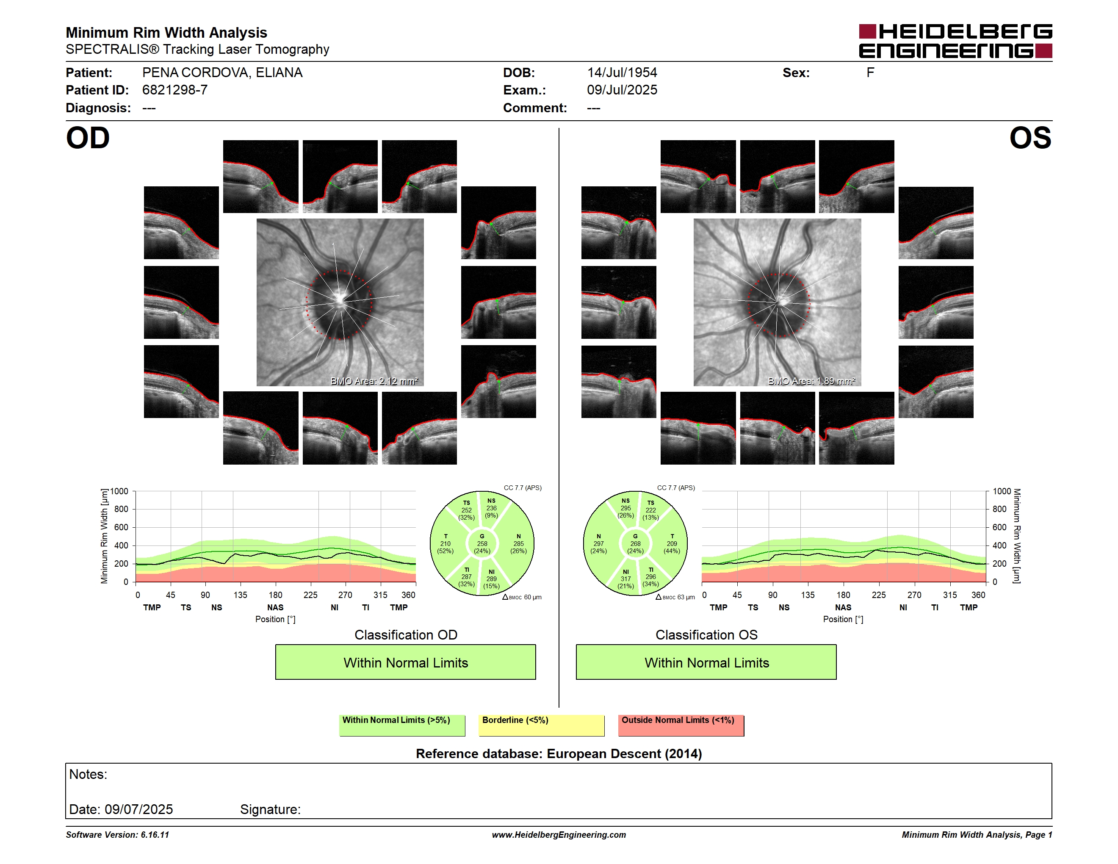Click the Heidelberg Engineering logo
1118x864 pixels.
click(x=955, y=41)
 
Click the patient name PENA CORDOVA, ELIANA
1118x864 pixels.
click(x=222, y=73)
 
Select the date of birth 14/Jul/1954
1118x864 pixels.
click(x=622, y=73)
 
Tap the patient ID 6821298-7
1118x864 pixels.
click(x=174, y=90)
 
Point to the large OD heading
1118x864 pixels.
click(x=88, y=138)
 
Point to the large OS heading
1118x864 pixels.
click(x=1030, y=138)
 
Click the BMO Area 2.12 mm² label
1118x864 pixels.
click(x=374, y=381)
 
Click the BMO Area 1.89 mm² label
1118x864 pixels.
click(x=811, y=381)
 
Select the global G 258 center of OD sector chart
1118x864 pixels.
click(x=482, y=543)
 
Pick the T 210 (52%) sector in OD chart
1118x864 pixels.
click(x=446, y=543)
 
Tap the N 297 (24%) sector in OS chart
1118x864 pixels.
click(x=598, y=543)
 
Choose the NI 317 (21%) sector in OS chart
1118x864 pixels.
click(x=625, y=579)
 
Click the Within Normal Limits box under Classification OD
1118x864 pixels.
click(x=405, y=662)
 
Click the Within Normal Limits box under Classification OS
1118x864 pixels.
click(x=706, y=662)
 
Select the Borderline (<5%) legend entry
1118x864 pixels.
click(x=542, y=725)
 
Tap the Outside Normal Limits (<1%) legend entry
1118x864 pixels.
click(x=681, y=725)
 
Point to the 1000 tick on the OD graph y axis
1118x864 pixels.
click(x=119, y=491)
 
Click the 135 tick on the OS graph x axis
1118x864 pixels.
click(x=808, y=595)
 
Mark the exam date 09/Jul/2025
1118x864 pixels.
click(x=622, y=90)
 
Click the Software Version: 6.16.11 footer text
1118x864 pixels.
click(x=117, y=835)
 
